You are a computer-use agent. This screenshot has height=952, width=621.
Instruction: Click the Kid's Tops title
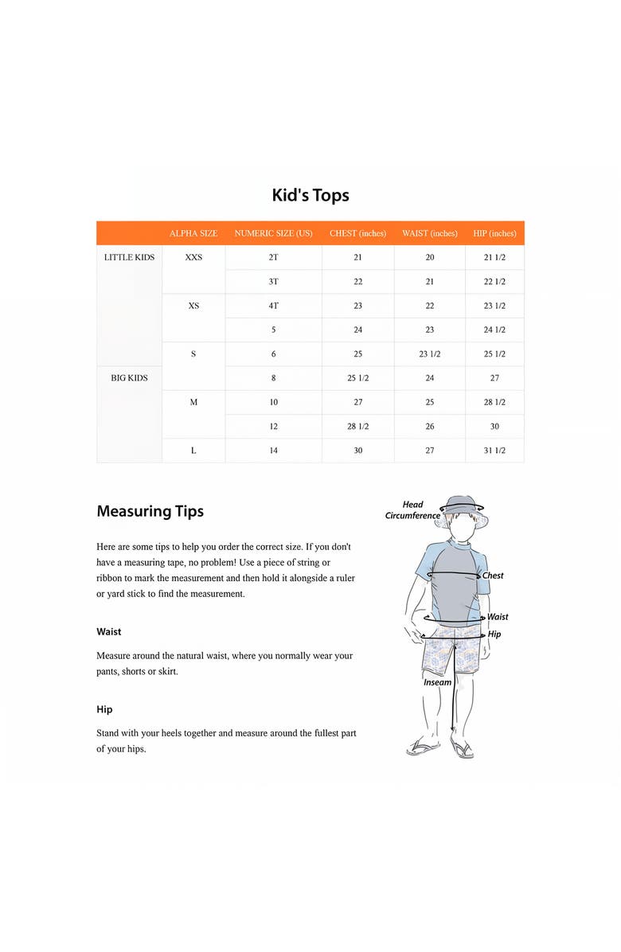coord(310,195)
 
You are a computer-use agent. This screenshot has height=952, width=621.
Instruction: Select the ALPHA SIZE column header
coord(193,233)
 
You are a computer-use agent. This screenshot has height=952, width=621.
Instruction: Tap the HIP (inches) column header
coord(494,233)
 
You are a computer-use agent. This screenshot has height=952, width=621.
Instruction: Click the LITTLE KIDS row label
coord(129,257)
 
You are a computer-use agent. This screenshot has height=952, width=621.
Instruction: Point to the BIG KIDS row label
coord(129,378)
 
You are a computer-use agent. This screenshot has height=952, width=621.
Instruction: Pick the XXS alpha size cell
coord(193,257)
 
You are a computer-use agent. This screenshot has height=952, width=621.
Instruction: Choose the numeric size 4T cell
coord(273,306)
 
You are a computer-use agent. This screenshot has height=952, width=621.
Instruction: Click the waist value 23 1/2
coord(430,354)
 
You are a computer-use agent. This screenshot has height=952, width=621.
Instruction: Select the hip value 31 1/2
coord(494,451)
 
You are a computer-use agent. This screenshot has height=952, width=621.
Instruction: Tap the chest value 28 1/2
coord(357,427)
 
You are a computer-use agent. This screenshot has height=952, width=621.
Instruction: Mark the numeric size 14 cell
coord(273,451)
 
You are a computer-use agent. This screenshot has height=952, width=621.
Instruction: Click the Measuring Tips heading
coord(150,511)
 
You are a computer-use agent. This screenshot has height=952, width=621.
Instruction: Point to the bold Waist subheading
coord(109,632)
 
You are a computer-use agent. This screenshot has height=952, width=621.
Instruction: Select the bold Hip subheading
coord(104,709)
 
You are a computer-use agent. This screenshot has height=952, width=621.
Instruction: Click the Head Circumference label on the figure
coord(412,510)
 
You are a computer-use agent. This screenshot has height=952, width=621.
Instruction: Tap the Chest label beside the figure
coord(493,575)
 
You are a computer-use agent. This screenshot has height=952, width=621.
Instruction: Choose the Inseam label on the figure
coord(437,682)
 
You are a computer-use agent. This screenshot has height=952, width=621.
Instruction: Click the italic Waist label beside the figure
coord(498,617)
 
